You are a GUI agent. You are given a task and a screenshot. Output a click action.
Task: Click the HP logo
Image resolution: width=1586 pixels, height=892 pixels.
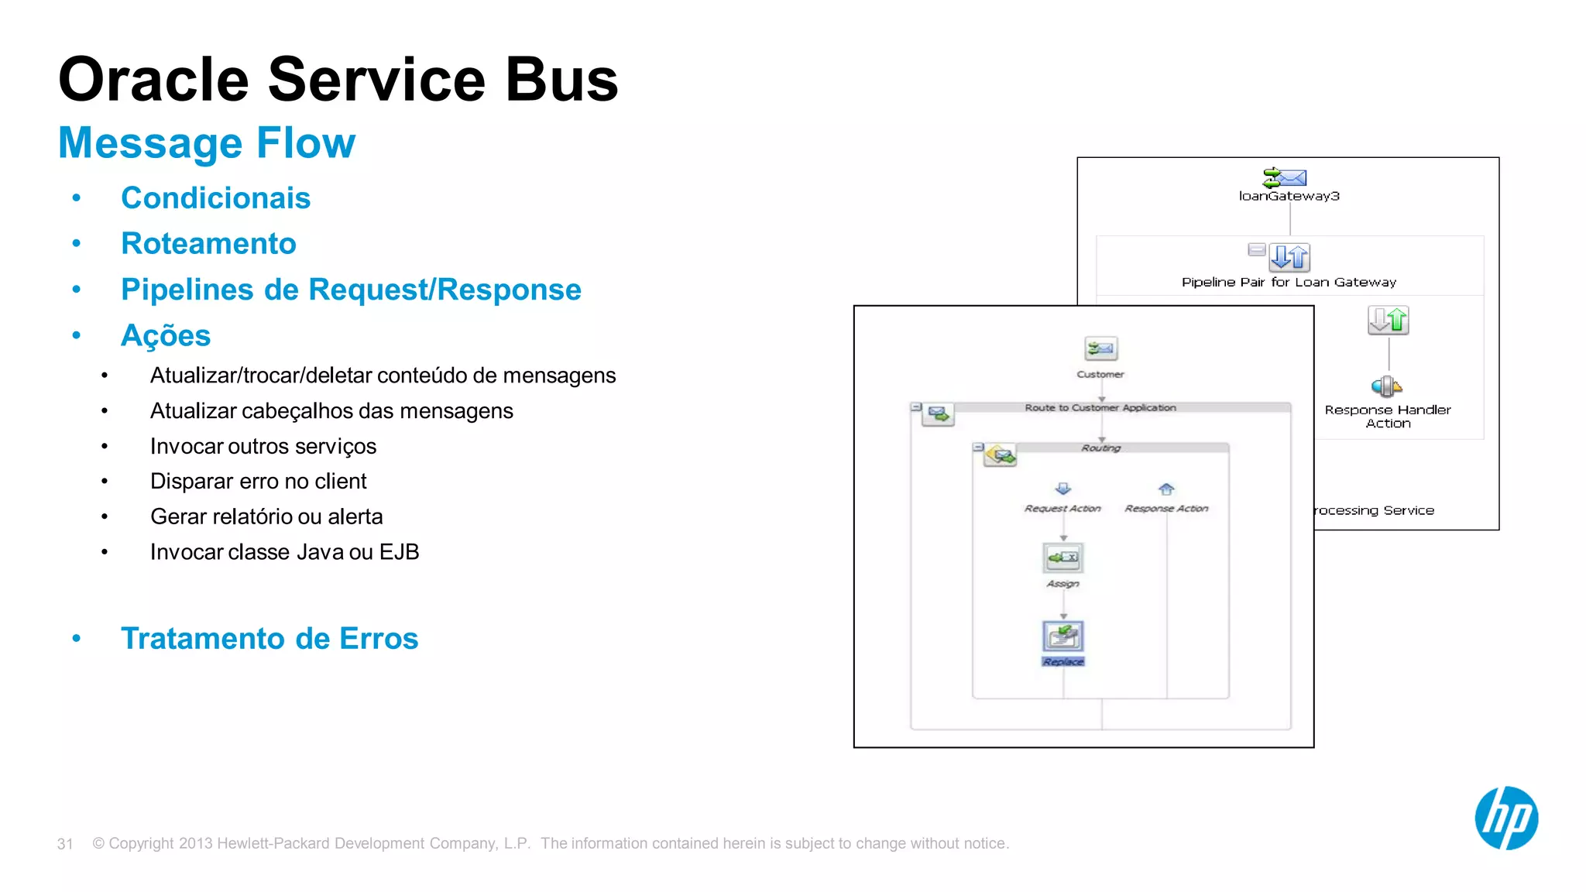1506,818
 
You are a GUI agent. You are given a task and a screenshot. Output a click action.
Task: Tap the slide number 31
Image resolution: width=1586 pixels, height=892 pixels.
65,844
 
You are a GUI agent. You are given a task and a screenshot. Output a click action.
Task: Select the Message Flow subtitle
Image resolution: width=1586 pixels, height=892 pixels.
207,143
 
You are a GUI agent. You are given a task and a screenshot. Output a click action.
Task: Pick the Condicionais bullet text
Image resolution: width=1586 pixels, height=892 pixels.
215,198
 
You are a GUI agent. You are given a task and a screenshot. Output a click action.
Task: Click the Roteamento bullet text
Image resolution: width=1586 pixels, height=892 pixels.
208,244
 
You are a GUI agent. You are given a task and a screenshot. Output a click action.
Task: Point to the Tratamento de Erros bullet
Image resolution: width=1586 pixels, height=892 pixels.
269,639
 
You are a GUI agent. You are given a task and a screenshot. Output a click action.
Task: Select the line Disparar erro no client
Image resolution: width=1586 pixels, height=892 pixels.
258,482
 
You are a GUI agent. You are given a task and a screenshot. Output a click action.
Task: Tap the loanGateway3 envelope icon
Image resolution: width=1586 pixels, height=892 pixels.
1285,178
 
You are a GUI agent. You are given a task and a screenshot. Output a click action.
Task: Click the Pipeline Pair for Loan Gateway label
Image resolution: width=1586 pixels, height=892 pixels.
1289,283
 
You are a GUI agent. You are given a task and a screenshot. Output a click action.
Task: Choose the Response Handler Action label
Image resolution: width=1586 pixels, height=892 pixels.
1388,417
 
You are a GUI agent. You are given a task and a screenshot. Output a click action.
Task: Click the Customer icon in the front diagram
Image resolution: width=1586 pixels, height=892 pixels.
1100,349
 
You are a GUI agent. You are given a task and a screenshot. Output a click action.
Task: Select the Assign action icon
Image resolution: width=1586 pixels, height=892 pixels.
1063,557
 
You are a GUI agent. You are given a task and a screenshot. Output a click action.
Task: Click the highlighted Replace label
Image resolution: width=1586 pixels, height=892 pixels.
1063,662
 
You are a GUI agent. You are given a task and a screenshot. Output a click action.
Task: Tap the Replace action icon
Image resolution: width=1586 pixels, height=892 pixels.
1063,636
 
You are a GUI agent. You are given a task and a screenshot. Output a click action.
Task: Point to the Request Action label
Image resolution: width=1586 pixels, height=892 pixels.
1062,509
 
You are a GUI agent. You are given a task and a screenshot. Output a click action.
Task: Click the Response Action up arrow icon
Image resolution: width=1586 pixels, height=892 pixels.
1166,489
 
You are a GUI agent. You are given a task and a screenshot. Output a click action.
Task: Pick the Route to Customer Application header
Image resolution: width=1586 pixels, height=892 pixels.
1100,408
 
